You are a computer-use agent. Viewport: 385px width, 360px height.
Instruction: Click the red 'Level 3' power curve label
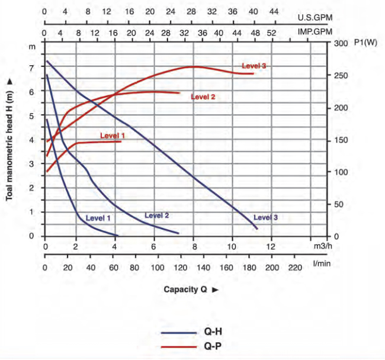point(254,66)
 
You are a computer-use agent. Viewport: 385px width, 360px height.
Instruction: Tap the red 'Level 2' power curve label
point(203,97)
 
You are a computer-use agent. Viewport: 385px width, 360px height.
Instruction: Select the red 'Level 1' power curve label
point(112,136)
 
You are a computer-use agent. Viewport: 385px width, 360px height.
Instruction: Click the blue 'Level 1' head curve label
point(98,218)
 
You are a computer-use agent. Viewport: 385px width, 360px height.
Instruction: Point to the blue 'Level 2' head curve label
point(157,216)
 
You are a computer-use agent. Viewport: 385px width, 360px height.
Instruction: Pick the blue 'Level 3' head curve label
point(265,217)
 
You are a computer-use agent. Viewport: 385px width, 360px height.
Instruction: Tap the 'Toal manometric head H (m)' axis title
point(10,140)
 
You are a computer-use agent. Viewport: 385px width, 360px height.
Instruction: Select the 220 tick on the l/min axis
point(294,268)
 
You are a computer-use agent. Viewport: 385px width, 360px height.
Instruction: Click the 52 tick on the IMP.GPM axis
point(271,33)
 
